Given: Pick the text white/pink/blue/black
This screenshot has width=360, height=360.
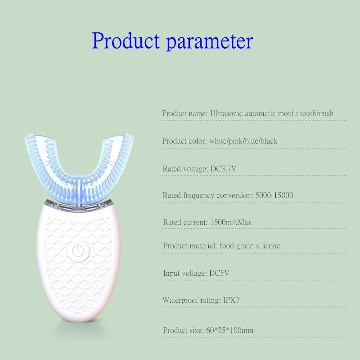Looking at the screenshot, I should [x=243, y=141].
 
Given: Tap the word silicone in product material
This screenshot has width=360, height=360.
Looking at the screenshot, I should [x=266, y=246].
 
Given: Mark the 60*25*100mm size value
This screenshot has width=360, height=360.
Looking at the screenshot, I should [x=231, y=331].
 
